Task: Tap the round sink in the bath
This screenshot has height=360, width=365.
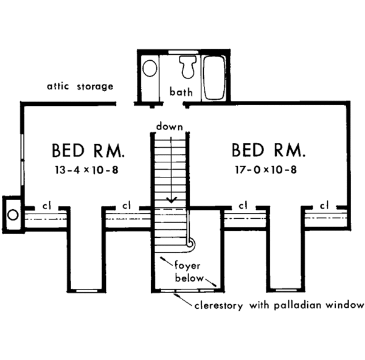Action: [x=148, y=68]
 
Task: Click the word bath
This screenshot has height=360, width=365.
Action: [x=181, y=93]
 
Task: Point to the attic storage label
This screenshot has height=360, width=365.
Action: [x=80, y=86]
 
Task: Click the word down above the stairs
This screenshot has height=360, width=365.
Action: [x=169, y=126]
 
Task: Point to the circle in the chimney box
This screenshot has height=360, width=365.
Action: [x=12, y=214]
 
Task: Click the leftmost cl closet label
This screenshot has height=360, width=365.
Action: [x=46, y=206]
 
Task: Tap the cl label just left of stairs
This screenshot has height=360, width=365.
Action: [x=127, y=206]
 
